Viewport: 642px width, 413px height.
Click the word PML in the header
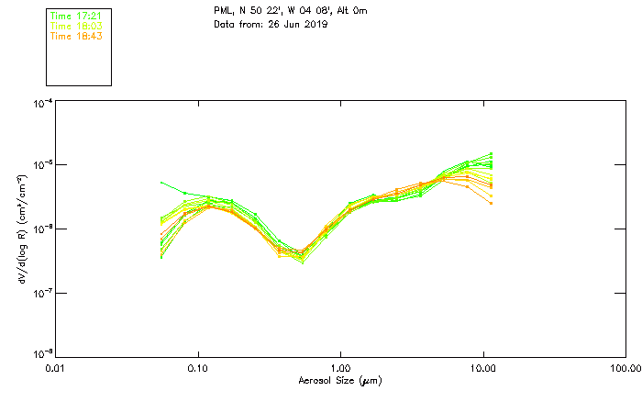[x=223, y=11]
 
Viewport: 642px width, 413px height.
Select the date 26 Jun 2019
[x=294, y=24]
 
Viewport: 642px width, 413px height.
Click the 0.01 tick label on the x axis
[x=56, y=368]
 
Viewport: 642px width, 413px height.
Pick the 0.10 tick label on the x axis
[x=198, y=368]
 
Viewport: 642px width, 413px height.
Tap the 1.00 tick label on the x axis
[x=340, y=368]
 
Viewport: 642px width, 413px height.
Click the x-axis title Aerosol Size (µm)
[x=339, y=380]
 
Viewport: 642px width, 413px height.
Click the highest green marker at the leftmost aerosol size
[x=162, y=183]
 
